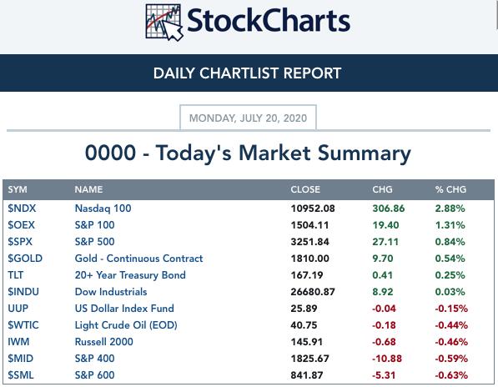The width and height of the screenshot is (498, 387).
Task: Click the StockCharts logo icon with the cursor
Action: coord(164,23)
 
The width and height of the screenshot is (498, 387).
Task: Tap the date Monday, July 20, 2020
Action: coord(248,118)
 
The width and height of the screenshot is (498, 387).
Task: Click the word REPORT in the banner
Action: coord(312,73)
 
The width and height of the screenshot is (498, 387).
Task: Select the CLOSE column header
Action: coord(305,189)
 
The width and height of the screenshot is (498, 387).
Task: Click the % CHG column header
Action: coord(450,189)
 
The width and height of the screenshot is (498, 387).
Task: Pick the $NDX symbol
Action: coord(22,209)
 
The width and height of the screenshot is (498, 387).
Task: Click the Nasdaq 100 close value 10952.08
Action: coord(313,209)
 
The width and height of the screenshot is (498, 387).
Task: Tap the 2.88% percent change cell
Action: coord(450,209)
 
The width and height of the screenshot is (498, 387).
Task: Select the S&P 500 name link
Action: coord(94,242)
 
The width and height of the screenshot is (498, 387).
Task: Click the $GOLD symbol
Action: coord(25,258)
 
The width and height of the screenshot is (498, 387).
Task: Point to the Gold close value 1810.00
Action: coord(310,259)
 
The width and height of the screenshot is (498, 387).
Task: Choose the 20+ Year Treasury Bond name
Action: coord(130,275)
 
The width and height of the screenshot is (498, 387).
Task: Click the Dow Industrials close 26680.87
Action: coord(313,292)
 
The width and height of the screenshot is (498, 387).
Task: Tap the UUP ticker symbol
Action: coord(18,309)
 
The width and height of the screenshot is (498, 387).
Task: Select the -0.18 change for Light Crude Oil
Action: coord(384,325)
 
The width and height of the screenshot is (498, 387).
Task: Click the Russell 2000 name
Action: coord(104,342)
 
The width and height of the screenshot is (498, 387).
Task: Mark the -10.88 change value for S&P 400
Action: coord(387,359)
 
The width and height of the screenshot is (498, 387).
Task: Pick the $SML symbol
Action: coord(21,375)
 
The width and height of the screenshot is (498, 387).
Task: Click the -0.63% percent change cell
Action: coord(451,375)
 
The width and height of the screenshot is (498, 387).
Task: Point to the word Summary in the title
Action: coord(365,153)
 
